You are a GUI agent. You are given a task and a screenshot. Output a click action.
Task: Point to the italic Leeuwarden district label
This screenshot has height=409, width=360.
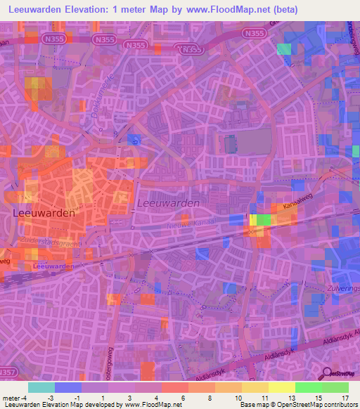(x=169, y=202)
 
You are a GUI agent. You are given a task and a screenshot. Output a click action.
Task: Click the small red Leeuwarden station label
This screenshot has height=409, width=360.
(x=53, y=266)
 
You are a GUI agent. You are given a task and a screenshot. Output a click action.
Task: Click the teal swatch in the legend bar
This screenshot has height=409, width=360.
(x=41, y=387)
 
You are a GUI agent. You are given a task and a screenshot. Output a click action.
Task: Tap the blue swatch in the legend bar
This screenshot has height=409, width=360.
(x=68, y=387)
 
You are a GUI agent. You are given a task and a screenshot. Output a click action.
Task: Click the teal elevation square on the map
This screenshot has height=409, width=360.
(x=283, y=48)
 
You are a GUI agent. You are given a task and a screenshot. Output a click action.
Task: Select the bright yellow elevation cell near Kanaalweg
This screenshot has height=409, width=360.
(x=252, y=220)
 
